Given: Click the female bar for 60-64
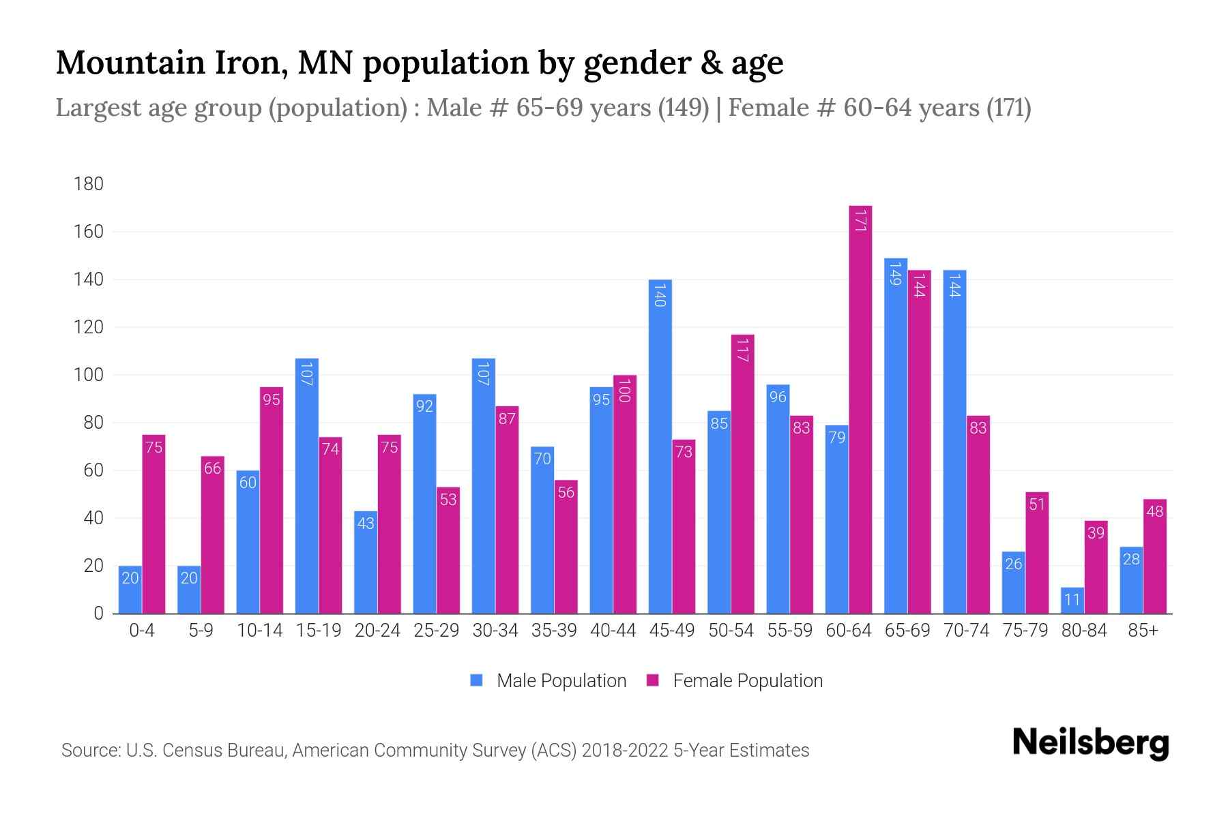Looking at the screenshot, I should click(x=860, y=409).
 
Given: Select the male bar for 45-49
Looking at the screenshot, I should click(x=660, y=446).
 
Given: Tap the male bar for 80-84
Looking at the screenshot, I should click(x=1072, y=601).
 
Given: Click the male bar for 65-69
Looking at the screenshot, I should click(x=896, y=436).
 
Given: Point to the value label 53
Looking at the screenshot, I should click(x=448, y=500).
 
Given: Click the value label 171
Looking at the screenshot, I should click(x=860, y=220).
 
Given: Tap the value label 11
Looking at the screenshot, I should click(x=1072, y=600).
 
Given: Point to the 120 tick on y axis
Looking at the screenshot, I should click(x=89, y=327).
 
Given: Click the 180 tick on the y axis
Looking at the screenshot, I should click(x=89, y=184).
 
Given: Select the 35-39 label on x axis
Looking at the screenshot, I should click(x=554, y=631).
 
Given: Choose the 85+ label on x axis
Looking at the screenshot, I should click(x=1143, y=631).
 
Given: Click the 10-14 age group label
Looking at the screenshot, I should click(x=259, y=631).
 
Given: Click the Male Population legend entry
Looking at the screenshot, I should click(x=549, y=681).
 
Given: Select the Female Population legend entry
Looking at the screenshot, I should click(x=735, y=681).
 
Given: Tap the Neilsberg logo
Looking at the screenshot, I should click(x=1090, y=743).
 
